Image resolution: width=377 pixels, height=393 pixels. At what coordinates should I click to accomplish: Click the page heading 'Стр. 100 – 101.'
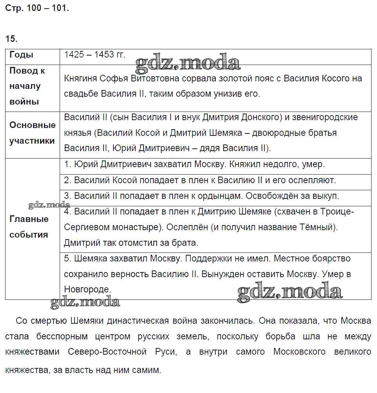coord(37,8)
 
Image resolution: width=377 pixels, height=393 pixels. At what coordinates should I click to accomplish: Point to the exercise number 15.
coord(11,39)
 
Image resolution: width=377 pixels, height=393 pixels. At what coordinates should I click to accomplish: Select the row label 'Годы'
coord(21,55)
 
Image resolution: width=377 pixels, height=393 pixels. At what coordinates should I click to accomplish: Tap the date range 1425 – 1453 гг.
coord(95,55)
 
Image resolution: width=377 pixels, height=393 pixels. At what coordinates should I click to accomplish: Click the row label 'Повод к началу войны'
coord(27,87)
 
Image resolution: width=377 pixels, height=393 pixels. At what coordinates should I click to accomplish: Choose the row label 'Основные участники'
coord(32,133)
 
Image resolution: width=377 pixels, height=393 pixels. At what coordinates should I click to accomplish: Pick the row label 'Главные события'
coord(29,227)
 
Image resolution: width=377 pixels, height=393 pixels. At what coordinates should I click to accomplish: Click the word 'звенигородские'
coord(328,117)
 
